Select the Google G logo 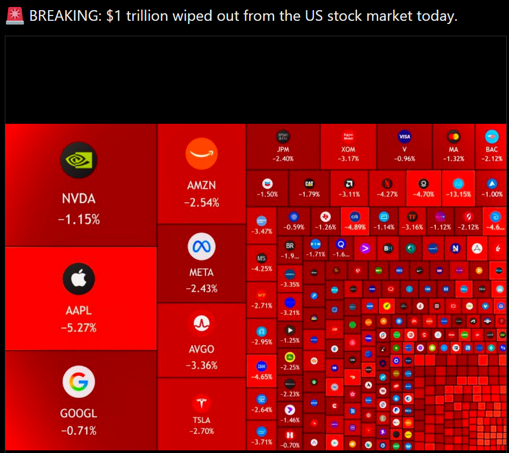click(79, 382)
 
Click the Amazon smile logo click(202, 154)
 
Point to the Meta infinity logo click(202, 247)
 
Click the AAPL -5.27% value click(79, 328)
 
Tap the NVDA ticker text click(79, 199)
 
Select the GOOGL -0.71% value click(79, 431)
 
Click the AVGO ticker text click(202, 349)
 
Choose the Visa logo click(404, 137)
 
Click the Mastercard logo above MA click(454, 137)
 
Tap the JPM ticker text click(283, 150)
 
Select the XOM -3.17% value click(348, 158)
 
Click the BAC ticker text click(491, 150)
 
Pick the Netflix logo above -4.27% click(387, 184)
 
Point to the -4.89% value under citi click(354, 227)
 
